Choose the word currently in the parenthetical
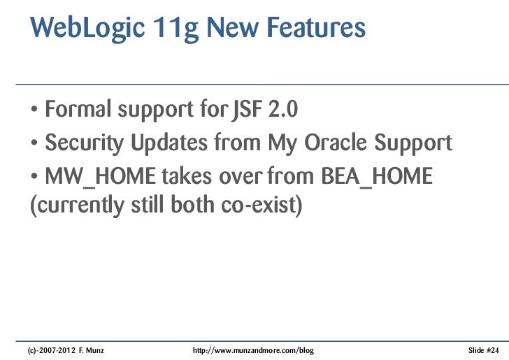tap(73, 208)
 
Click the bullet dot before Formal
tap(34, 111)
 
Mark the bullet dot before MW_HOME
tap(34, 178)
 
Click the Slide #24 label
tap(483, 349)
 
